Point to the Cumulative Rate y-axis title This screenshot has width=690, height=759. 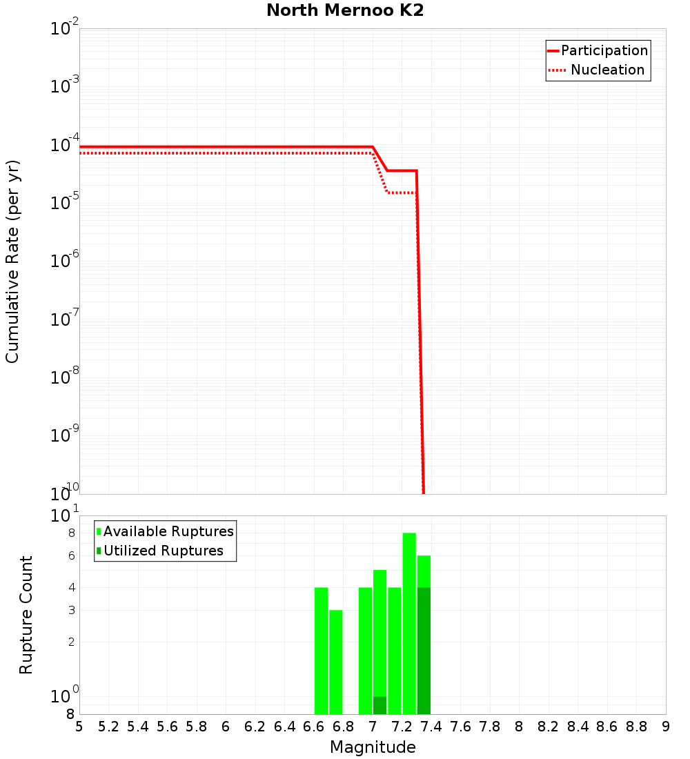(12, 262)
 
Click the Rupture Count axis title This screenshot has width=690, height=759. (26, 615)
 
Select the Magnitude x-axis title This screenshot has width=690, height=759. (373, 747)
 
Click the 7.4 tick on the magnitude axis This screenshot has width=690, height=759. (431, 727)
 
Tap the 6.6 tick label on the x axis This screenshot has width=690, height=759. (314, 727)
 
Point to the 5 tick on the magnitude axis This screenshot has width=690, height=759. (79, 727)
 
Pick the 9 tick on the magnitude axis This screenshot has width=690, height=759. (666, 727)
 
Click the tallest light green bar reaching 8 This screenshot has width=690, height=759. (409, 621)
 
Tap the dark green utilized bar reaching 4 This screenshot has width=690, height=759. (424, 649)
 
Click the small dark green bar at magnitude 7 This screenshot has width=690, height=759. (379, 705)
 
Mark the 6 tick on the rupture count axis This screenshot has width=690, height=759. (71, 556)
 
